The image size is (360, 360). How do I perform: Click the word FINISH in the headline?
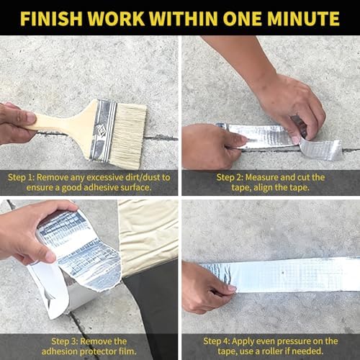tap(51, 18)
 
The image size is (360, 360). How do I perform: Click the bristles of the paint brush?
tap(129, 135)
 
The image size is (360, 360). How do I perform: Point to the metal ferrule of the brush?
tap(103, 130)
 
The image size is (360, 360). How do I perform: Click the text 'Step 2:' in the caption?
tap(230, 178)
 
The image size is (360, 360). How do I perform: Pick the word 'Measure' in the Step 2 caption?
tap(261, 178)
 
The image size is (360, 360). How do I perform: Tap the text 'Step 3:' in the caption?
tap(65, 341)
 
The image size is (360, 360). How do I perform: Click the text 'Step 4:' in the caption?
tap(217, 341)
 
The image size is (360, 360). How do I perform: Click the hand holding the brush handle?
tap(17, 123)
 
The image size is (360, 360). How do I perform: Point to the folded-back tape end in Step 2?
tap(320, 149)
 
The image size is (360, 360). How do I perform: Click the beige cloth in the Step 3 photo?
tap(148, 238)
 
